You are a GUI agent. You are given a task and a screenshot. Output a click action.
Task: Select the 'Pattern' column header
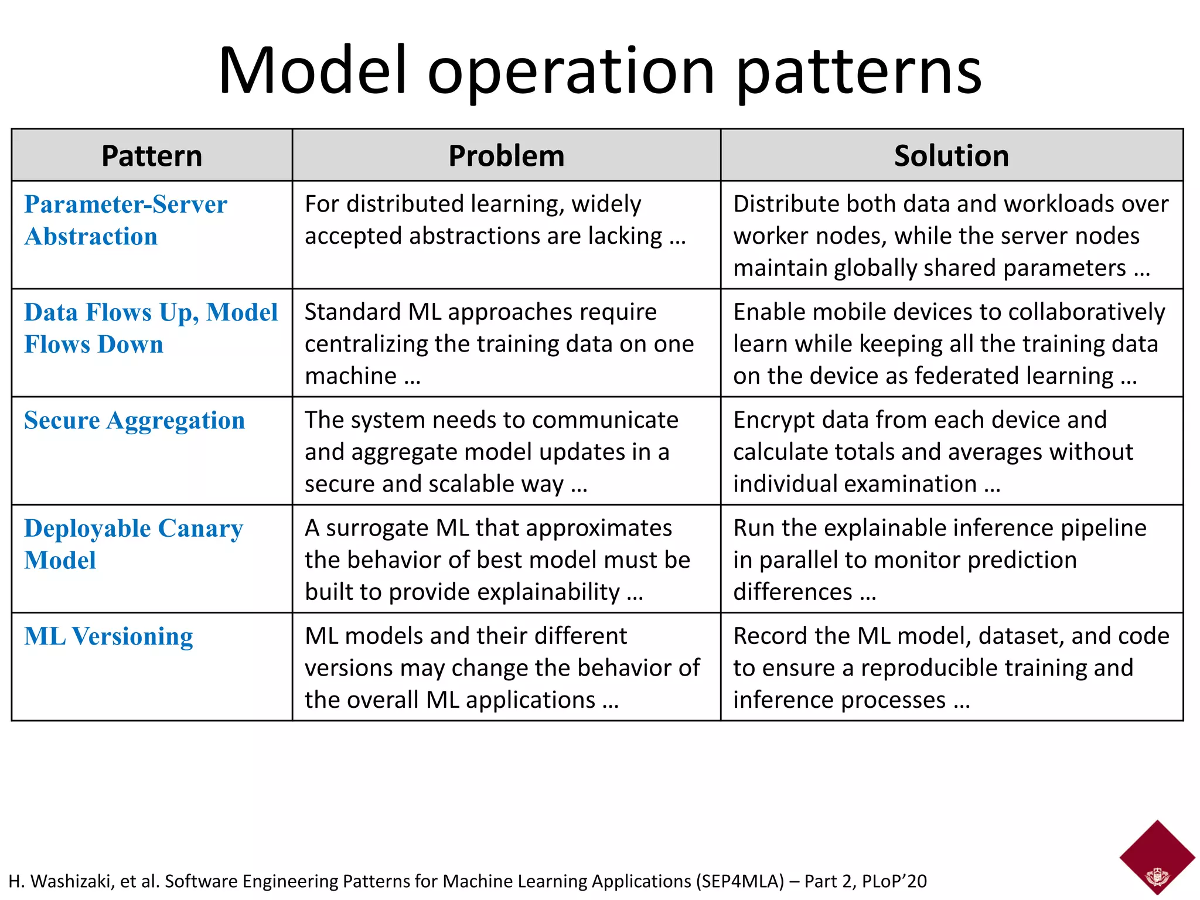tap(152, 156)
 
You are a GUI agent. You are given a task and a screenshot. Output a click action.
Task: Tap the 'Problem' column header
tap(506, 156)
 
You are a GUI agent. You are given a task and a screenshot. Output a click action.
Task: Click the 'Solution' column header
tap(951, 156)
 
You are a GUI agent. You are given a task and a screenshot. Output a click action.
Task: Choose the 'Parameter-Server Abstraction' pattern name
tap(125, 220)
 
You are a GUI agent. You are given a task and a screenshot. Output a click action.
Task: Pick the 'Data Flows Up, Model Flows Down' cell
tap(151, 328)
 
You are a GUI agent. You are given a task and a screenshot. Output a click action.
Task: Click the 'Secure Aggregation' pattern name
tap(134, 421)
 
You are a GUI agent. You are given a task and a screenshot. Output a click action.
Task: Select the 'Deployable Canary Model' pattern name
tap(133, 544)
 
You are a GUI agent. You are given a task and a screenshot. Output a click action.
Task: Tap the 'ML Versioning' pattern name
tap(108, 636)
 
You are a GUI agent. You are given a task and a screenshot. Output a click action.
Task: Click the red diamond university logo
tap(1157, 857)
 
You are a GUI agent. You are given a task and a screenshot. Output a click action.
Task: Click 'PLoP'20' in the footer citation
tap(894, 881)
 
